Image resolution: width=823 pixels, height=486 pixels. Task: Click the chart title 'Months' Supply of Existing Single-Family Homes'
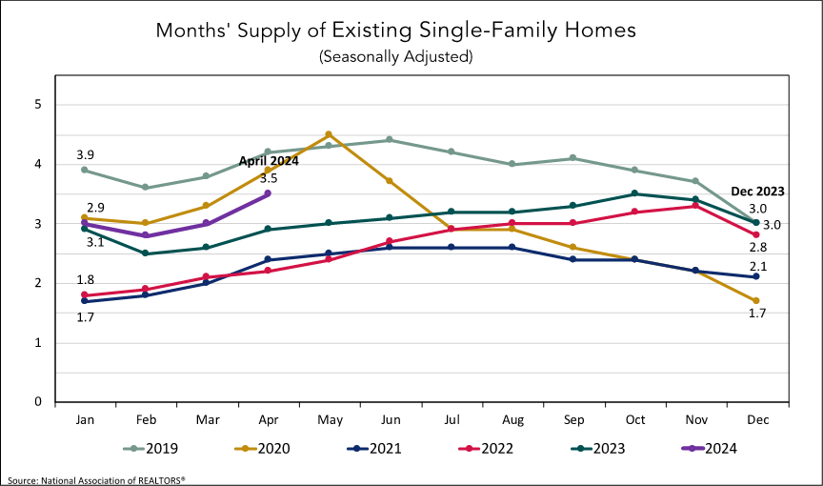395,30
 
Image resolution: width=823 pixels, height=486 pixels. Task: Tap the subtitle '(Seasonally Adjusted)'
395,57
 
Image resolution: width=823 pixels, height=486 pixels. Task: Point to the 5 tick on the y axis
38,104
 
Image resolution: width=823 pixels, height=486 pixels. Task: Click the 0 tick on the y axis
38,402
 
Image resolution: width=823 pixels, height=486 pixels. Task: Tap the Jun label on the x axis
389,420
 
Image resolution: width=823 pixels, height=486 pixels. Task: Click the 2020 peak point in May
328,134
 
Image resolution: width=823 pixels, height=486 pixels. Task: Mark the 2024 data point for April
267,193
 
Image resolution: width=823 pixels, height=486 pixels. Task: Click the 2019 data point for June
389,140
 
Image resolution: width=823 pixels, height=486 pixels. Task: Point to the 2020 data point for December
754,301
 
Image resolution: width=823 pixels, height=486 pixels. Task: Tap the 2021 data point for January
85,301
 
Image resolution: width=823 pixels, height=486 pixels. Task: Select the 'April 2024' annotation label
268,161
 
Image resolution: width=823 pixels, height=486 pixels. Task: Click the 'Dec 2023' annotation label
758,191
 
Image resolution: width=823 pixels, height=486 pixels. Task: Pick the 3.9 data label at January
86,154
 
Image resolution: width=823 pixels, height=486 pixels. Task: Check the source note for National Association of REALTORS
96,479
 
